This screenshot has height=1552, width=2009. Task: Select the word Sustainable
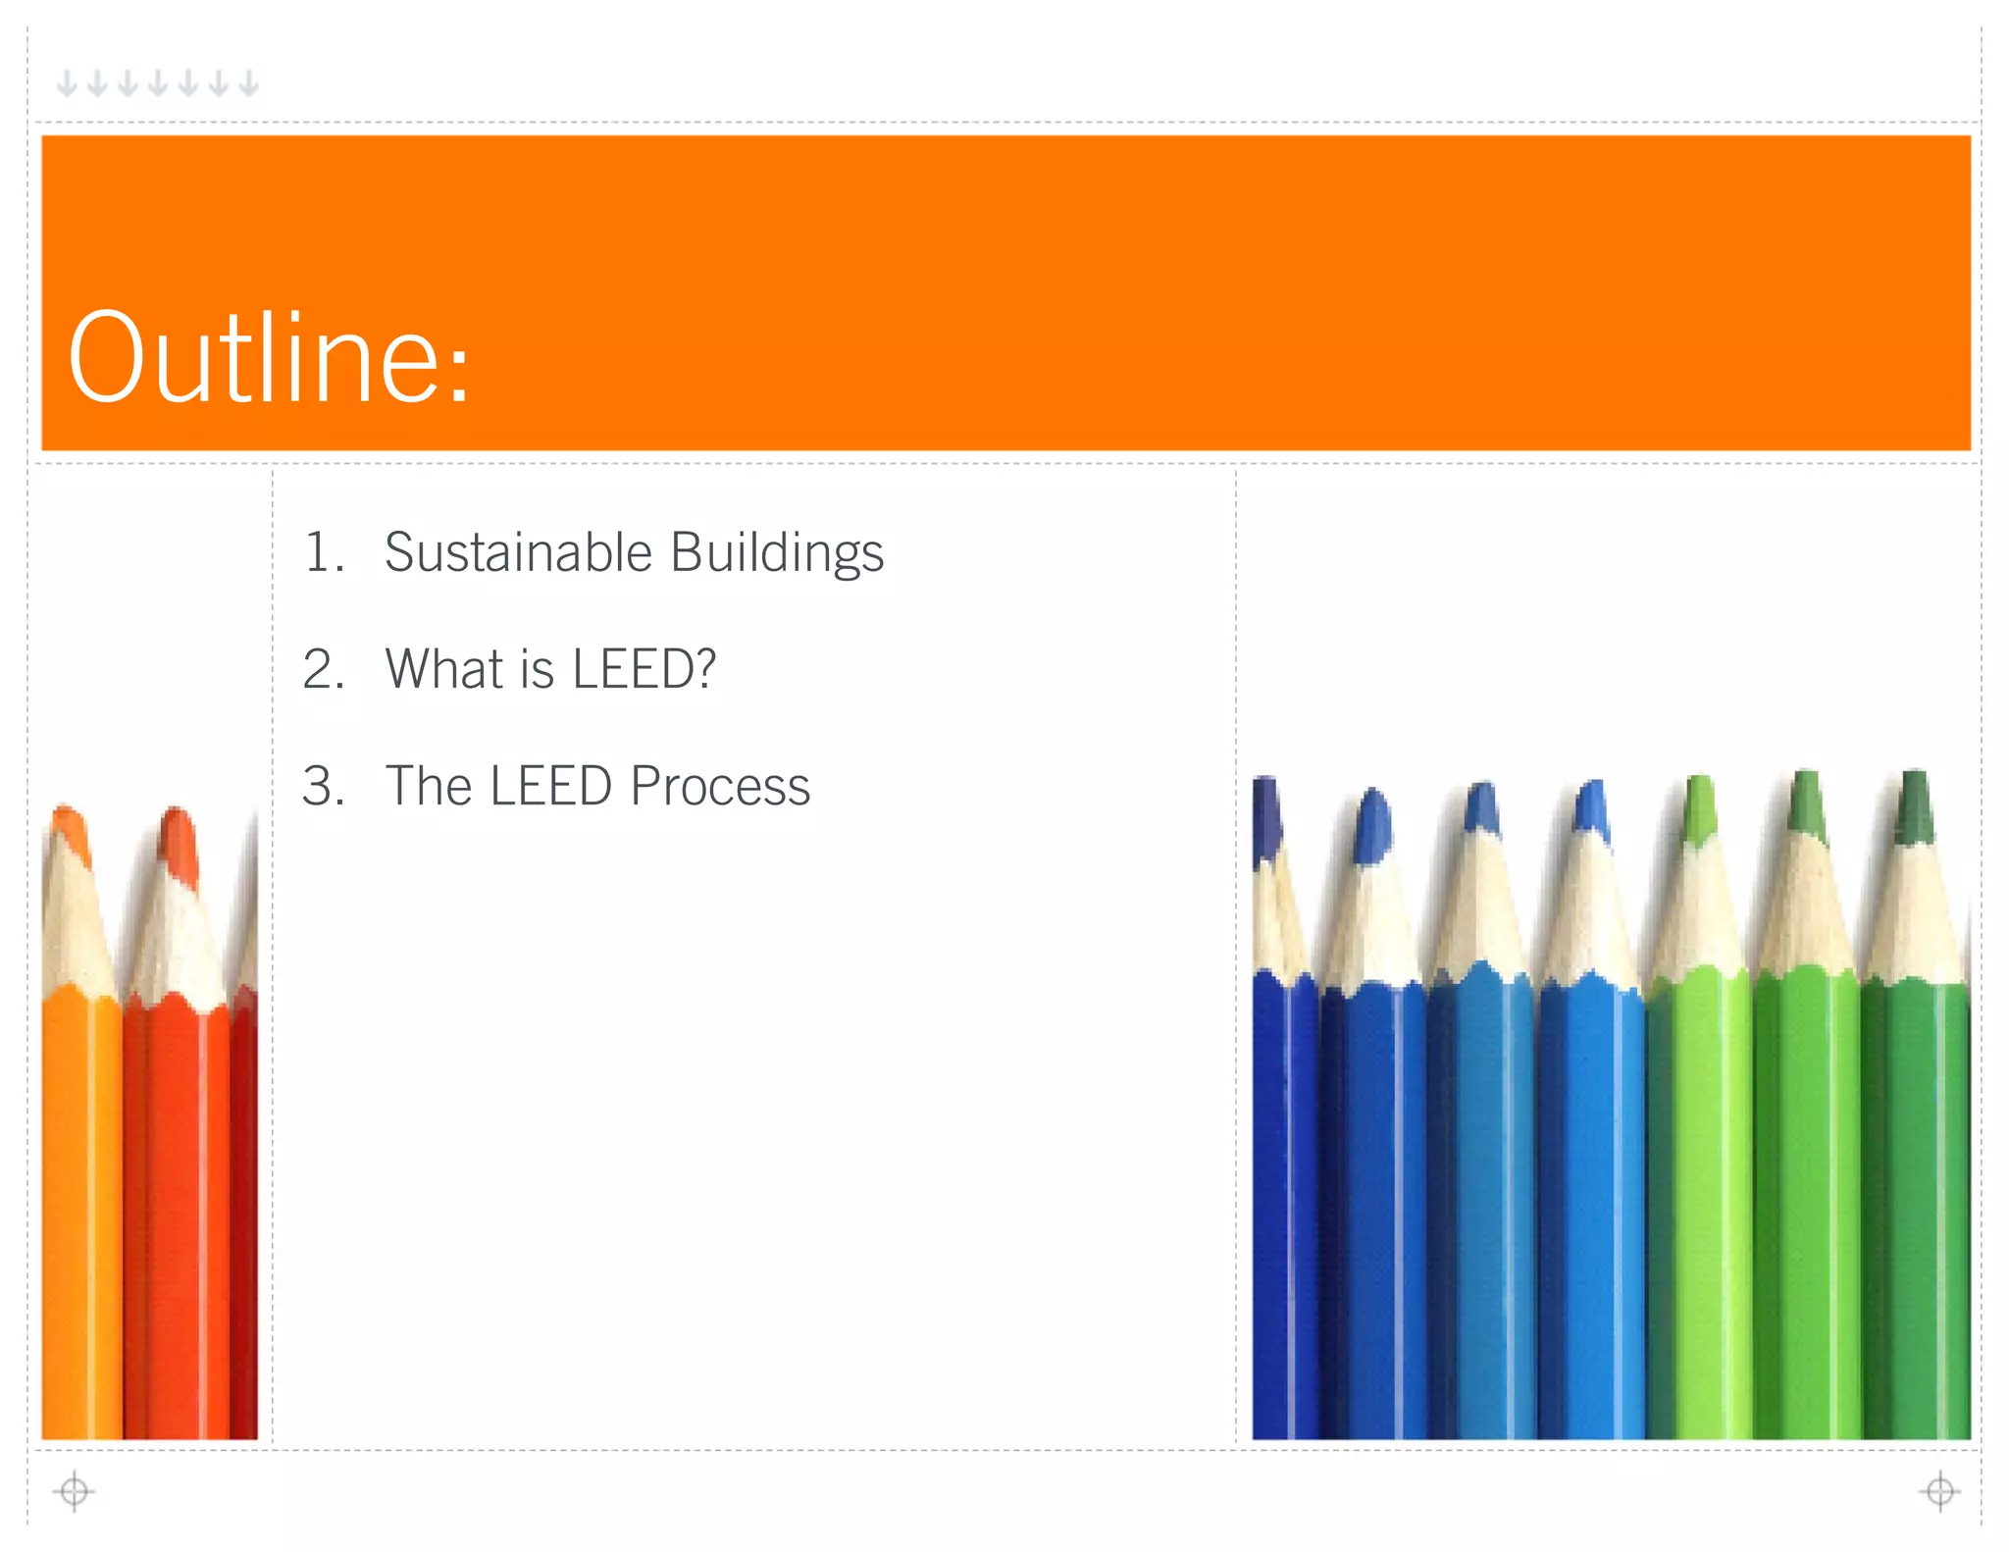[x=518, y=552]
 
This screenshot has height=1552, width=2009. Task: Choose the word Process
[x=720, y=787]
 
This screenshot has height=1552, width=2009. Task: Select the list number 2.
[x=323, y=670]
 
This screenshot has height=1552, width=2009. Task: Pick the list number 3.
[x=323, y=787]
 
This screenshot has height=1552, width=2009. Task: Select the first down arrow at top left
[x=67, y=83]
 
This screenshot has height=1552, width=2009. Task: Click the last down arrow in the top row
[x=249, y=83]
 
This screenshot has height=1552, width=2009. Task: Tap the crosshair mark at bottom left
[x=74, y=1491]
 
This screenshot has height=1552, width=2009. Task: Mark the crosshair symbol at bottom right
[x=1939, y=1491]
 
